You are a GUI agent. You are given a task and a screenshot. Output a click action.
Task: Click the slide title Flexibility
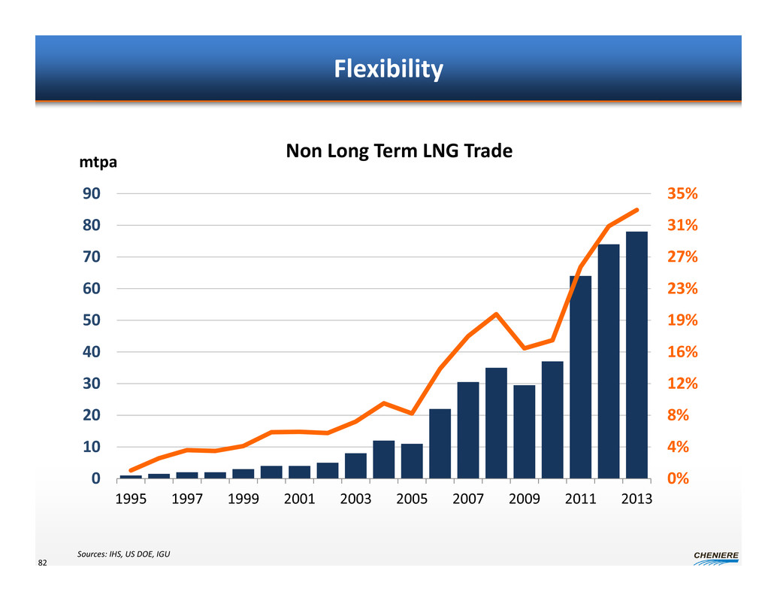pos(388,70)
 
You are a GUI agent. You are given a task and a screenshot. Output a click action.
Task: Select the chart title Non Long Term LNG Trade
pos(398,151)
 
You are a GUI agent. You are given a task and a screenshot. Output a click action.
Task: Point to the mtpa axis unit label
pos(98,162)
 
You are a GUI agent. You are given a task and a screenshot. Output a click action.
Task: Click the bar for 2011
pos(580,376)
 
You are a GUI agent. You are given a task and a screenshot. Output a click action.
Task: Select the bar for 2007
pos(468,430)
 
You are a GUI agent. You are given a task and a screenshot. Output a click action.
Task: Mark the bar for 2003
pos(355,465)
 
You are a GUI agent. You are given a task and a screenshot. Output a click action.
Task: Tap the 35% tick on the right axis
pos(682,194)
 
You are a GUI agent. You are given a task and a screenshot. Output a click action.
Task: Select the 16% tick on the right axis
pos(682,352)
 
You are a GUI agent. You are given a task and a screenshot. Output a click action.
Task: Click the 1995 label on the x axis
pos(132,499)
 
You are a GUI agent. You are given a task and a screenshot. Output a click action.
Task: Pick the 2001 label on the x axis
pos(300,499)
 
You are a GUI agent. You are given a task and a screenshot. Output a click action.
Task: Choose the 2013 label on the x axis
pos(637,499)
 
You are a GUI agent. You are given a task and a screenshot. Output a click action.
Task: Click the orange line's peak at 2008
pos(496,314)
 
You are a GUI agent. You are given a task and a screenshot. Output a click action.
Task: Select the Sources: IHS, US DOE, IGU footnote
pos(123,554)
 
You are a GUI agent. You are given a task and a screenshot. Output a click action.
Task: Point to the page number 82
pos(43,563)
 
